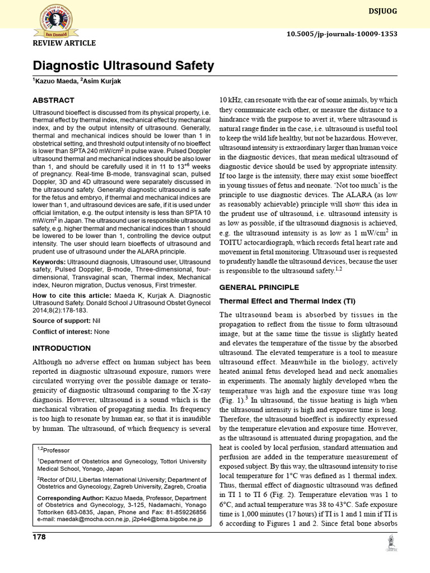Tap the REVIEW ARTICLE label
[x=64, y=43]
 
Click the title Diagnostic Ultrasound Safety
[x=123, y=66]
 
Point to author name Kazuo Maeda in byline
[x=55, y=82]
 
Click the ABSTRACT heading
[x=53, y=100]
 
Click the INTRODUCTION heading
[x=61, y=348]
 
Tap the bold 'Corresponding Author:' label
[x=69, y=497]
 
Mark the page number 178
[x=39, y=537]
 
